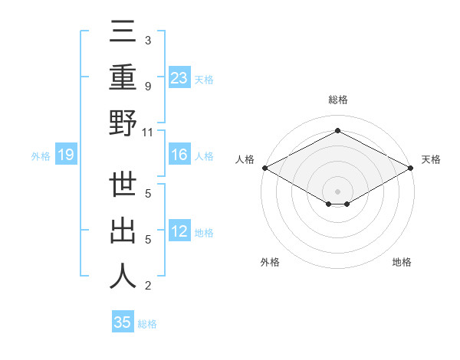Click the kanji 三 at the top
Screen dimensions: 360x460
123,34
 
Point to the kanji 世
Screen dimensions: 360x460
123,186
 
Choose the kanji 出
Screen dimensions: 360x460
123,231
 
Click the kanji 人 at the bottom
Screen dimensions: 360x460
123,275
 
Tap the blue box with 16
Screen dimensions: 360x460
179,155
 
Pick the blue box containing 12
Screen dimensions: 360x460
179,231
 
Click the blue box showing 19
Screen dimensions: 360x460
66,155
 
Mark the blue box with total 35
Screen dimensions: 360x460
123,322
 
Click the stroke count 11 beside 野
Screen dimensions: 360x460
148,133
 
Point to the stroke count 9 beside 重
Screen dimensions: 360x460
148,87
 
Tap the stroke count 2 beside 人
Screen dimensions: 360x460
148,286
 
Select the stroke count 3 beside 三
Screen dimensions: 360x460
148,41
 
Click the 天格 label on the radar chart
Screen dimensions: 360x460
431,159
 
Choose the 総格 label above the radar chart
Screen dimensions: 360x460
337,100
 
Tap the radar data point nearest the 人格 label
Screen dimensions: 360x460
264,168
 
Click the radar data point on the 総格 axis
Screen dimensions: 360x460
337,131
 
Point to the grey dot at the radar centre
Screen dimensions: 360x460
337,191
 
